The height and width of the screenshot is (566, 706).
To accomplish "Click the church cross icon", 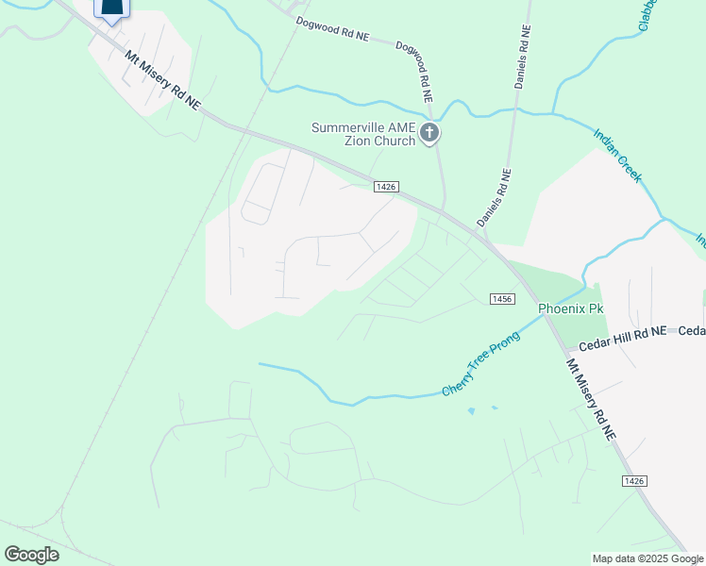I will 429,133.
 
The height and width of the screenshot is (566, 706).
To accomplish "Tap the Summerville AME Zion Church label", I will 363,134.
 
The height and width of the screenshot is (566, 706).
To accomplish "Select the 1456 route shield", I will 502,298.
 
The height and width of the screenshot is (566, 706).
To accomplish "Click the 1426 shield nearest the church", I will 384,187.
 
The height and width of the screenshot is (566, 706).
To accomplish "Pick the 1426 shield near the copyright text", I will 634,481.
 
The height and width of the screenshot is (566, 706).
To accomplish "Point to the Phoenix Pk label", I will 570,308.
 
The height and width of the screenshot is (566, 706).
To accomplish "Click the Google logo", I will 31,555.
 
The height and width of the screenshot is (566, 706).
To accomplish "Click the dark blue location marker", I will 111,9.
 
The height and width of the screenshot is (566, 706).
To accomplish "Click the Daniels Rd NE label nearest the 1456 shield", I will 494,198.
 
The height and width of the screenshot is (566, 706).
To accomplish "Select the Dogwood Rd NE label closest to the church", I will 414,72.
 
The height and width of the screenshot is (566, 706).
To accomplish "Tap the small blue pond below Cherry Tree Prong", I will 472,411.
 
